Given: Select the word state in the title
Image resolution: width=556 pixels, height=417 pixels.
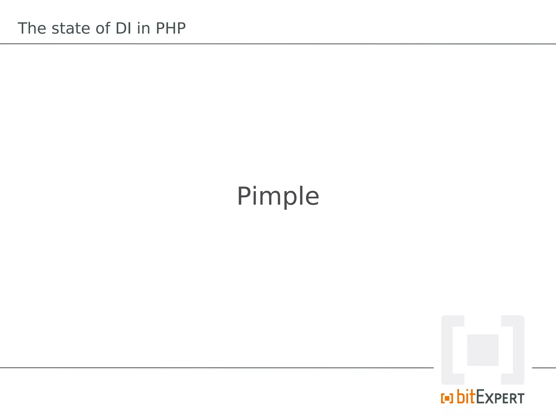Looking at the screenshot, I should (x=71, y=28).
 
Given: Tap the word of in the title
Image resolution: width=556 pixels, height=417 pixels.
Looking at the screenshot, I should (x=103, y=28).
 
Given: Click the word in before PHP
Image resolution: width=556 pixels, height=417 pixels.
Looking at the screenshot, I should (x=143, y=28).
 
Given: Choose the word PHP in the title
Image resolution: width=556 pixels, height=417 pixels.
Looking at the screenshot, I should (x=171, y=28).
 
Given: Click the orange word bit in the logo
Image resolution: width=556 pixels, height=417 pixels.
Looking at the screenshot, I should (x=466, y=397).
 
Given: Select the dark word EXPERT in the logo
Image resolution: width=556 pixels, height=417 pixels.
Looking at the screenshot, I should (x=500, y=398).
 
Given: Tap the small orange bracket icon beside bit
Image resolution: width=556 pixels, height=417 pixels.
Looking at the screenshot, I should (x=447, y=398).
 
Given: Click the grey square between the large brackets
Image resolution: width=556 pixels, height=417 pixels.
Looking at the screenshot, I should (x=483, y=350).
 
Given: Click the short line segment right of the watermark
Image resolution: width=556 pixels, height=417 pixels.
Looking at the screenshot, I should (x=544, y=368).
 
